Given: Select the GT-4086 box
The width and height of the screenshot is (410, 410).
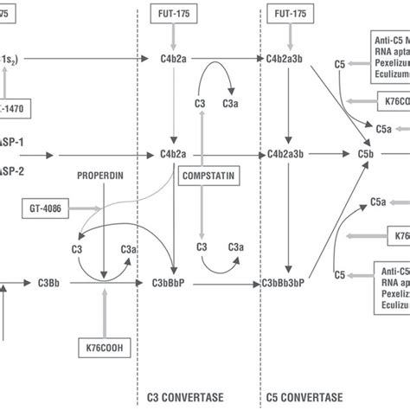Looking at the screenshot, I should (43, 208).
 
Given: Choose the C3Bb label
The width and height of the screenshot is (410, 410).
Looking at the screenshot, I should (48, 282).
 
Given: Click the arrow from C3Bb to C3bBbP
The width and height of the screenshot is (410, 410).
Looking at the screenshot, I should (104, 283).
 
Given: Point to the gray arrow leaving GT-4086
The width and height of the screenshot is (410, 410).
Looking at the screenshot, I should (86, 208).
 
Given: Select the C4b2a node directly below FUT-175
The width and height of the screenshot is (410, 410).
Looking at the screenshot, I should (174, 59).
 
